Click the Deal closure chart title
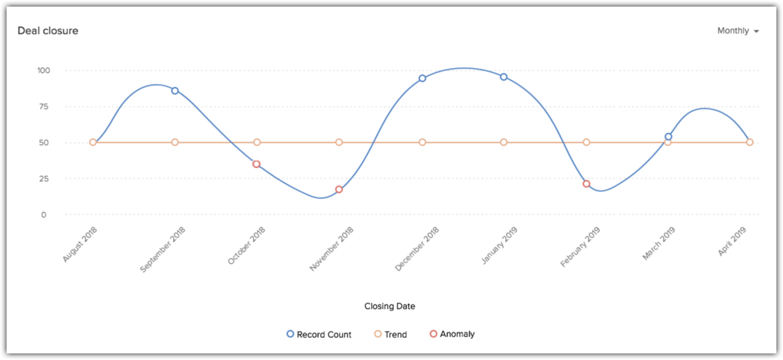point(48,31)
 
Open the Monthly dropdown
point(738,31)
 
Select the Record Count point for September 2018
point(175,90)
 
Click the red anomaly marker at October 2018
point(257,164)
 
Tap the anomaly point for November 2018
point(339,189)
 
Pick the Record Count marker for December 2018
point(422,78)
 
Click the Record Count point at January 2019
point(503,76)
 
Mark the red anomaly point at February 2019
point(586,183)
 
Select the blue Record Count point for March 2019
point(668,136)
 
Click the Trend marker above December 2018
point(422,142)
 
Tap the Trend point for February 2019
point(586,142)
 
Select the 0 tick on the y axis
point(44,215)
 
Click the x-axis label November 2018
point(332,248)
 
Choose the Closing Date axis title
point(389,306)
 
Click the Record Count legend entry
point(319,334)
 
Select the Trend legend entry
point(391,334)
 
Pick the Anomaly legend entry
point(453,334)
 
